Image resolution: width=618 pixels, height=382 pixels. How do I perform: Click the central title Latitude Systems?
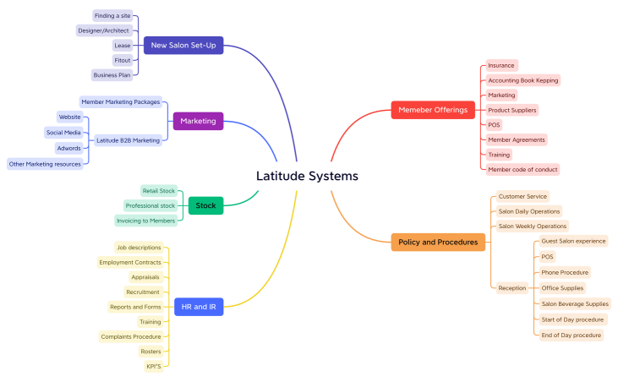point(307,176)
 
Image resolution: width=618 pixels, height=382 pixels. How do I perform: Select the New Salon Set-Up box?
point(183,45)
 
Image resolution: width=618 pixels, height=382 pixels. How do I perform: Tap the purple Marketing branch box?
point(198,121)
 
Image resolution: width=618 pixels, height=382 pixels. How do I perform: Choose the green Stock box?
point(205,205)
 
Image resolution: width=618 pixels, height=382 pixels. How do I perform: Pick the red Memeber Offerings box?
point(433,110)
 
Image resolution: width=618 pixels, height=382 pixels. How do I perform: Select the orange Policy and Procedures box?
point(439,243)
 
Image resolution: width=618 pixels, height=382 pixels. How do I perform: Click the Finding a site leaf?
point(112,15)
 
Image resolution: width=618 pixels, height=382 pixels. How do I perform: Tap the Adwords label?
point(68,148)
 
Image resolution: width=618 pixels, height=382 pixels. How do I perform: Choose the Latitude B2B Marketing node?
point(128,140)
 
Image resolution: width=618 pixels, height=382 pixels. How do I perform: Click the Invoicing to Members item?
point(146,221)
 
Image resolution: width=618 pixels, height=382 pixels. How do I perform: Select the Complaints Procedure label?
point(129,336)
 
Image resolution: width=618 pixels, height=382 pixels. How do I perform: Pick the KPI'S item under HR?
point(153,366)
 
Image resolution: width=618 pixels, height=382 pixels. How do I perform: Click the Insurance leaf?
point(500,65)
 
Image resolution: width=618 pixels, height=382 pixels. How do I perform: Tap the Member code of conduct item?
point(522,169)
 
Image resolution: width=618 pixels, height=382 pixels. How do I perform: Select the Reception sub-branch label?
point(512,287)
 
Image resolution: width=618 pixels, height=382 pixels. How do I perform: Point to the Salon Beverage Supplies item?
point(575,303)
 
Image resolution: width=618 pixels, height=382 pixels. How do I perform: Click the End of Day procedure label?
point(572,335)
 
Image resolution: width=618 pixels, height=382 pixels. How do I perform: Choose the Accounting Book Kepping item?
point(523,80)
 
